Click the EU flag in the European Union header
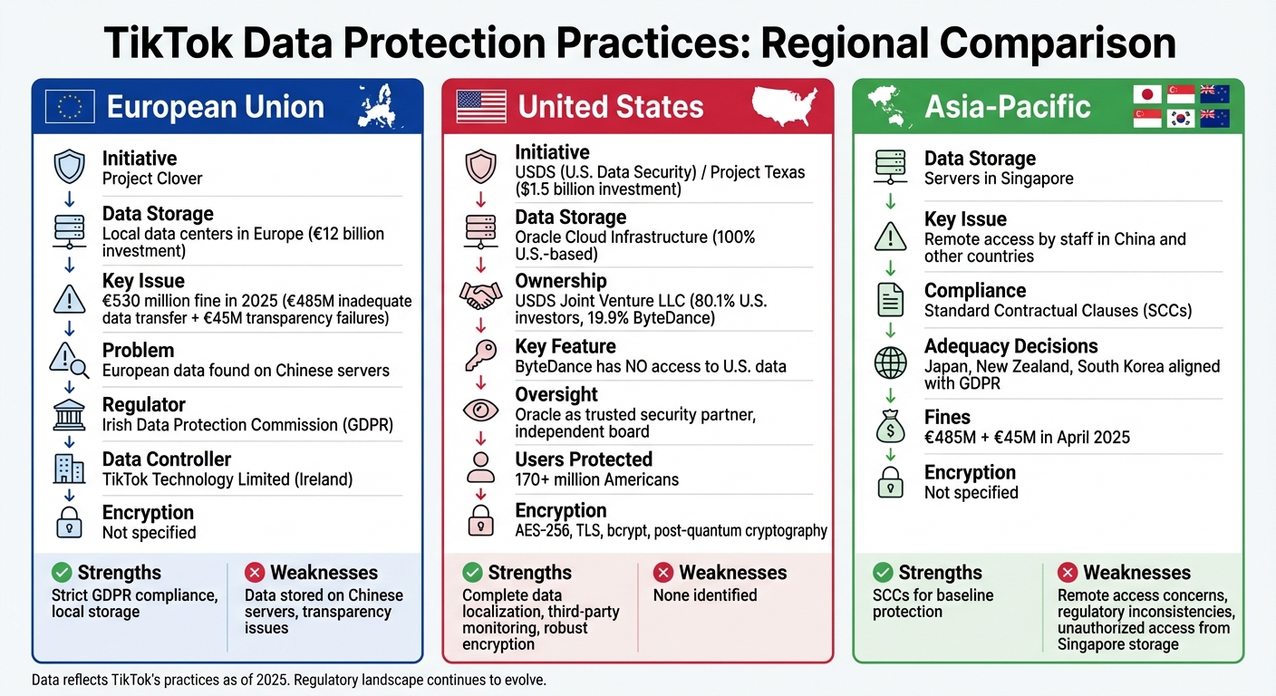(69, 107)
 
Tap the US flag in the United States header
(481, 107)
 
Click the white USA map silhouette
(785, 105)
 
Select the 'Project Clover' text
(152, 179)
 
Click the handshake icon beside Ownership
(480, 295)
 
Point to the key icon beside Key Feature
(480, 356)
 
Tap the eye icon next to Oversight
(480, 410)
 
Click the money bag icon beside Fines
(890, 427)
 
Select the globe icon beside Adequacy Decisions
(890, 362)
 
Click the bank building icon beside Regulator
(69, 415)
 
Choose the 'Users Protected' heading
(584, 459)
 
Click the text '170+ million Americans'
(596, 479)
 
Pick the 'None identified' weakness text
(704, 595)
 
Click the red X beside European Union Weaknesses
(255, 573)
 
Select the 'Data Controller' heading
(166, 459)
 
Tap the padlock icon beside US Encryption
(480, 520)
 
